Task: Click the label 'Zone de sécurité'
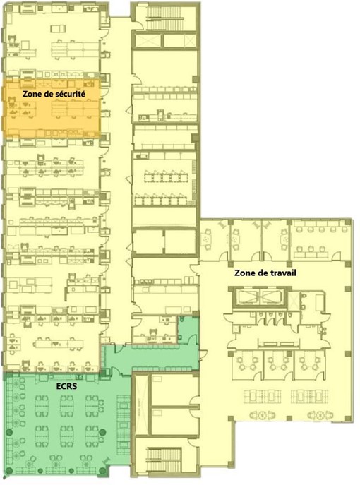point(54,94)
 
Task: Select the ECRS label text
point(66,386)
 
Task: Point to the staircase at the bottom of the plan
point(163,460)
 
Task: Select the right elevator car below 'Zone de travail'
point(271,297)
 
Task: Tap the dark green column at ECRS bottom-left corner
point(9,471)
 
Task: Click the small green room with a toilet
point(188,329)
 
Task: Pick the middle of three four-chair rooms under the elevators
point(277,365)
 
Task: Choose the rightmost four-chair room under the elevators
point(309,365)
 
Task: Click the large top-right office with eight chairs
point(319,240)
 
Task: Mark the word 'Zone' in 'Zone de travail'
point(244,273)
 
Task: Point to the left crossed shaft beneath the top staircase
point(148,40)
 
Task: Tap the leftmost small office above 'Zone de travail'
point(215,240)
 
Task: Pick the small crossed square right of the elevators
point(293,299)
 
